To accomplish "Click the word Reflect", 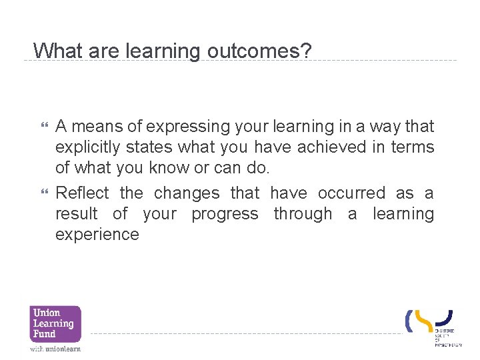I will point(82,193).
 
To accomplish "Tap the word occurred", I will point(351,193).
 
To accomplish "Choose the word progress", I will point(225,214).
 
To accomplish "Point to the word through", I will point(303,214).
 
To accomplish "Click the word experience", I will point(97,235).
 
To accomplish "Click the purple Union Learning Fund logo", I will point(55,324).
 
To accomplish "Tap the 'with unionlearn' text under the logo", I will point(55,349).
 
